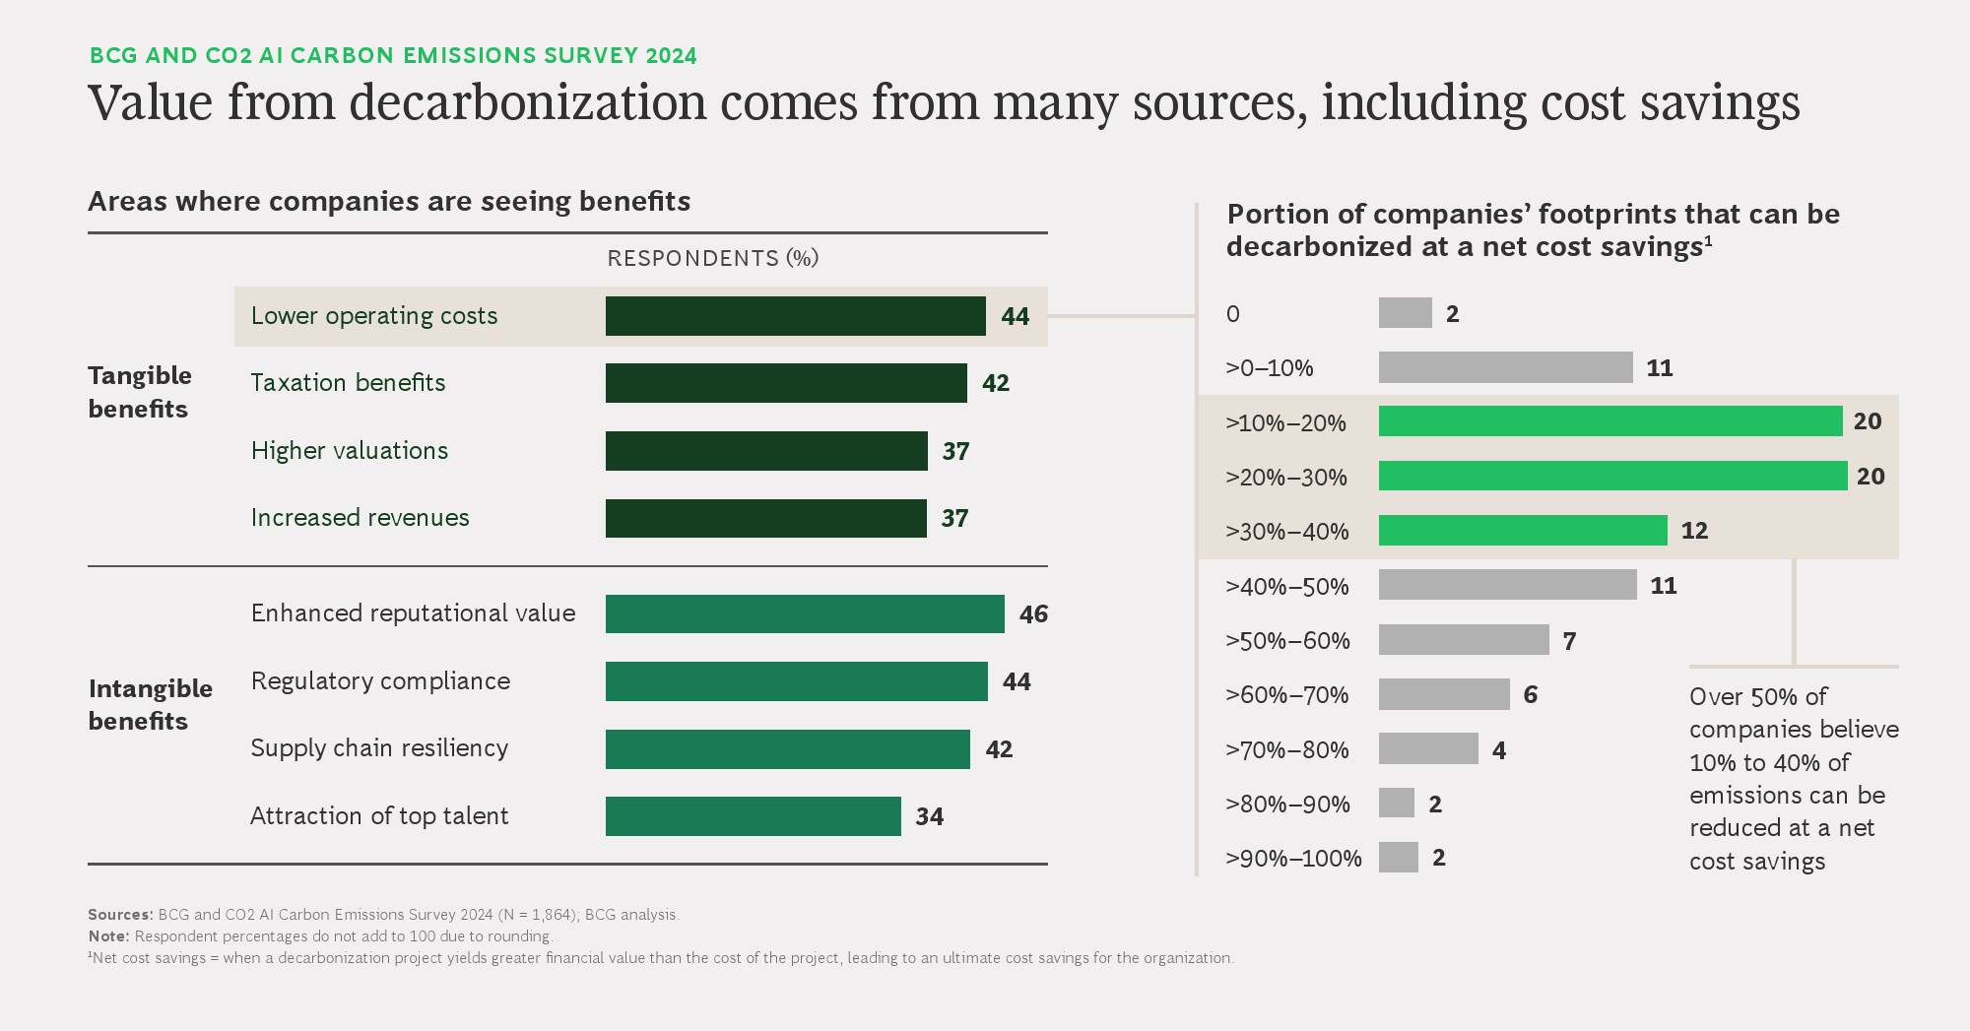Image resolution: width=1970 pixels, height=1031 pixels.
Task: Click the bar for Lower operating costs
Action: point(795,316)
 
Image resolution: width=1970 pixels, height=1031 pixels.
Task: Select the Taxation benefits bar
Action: point(786,383)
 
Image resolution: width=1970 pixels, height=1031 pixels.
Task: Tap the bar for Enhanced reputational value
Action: point(805,613)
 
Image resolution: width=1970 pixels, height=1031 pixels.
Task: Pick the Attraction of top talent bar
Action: point(753,816)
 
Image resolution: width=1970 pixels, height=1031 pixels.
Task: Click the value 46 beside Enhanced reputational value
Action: point(1033,614)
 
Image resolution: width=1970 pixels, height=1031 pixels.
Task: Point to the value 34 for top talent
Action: point(929,816)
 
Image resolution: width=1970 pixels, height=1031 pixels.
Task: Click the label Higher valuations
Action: point(350,451)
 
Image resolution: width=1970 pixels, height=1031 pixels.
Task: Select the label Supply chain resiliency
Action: point(379,748)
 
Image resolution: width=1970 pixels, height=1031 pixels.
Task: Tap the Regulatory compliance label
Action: point(380,681)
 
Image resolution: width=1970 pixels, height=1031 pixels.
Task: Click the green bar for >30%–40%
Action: point(1523,531)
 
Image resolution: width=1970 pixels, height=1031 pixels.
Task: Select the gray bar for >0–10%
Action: point(1505,368)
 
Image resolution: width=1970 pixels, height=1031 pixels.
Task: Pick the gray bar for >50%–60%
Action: point(1464,640)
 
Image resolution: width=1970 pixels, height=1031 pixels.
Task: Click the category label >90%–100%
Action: point(1293,859)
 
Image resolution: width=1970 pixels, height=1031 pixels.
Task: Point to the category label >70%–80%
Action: point(1286,750)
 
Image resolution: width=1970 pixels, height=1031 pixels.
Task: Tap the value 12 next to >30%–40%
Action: point(1694,531)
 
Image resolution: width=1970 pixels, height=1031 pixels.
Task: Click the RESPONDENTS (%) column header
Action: point(712,258)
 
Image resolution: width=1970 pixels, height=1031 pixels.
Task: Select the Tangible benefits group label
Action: point(139,392)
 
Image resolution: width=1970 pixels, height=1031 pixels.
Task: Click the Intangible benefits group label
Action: point(150,704)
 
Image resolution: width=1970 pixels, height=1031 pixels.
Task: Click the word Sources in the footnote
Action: point(119,915)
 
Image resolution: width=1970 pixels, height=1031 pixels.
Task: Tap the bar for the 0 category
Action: point(1405,313)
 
